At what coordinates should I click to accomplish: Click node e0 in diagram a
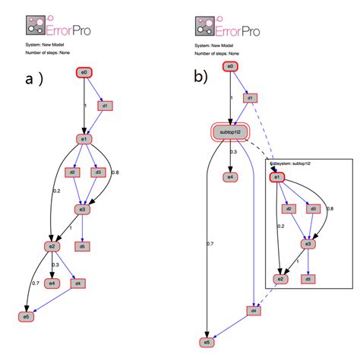[84, 73]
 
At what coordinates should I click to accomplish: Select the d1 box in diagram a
[107, 106]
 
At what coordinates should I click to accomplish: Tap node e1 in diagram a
[85, 139]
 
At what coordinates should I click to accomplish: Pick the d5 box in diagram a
[83, 246]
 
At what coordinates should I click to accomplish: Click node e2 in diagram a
[52, 246]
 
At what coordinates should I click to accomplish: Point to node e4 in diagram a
[52, 283]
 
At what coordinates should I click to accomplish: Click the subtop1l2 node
[229, 132]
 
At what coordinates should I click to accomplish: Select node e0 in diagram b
[229, 67]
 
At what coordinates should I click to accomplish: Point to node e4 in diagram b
[229, 177]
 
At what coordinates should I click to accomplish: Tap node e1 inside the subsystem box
[277, 177]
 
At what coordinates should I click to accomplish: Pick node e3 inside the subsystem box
[308, 244]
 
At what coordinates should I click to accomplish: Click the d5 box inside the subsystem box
[308, 278]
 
